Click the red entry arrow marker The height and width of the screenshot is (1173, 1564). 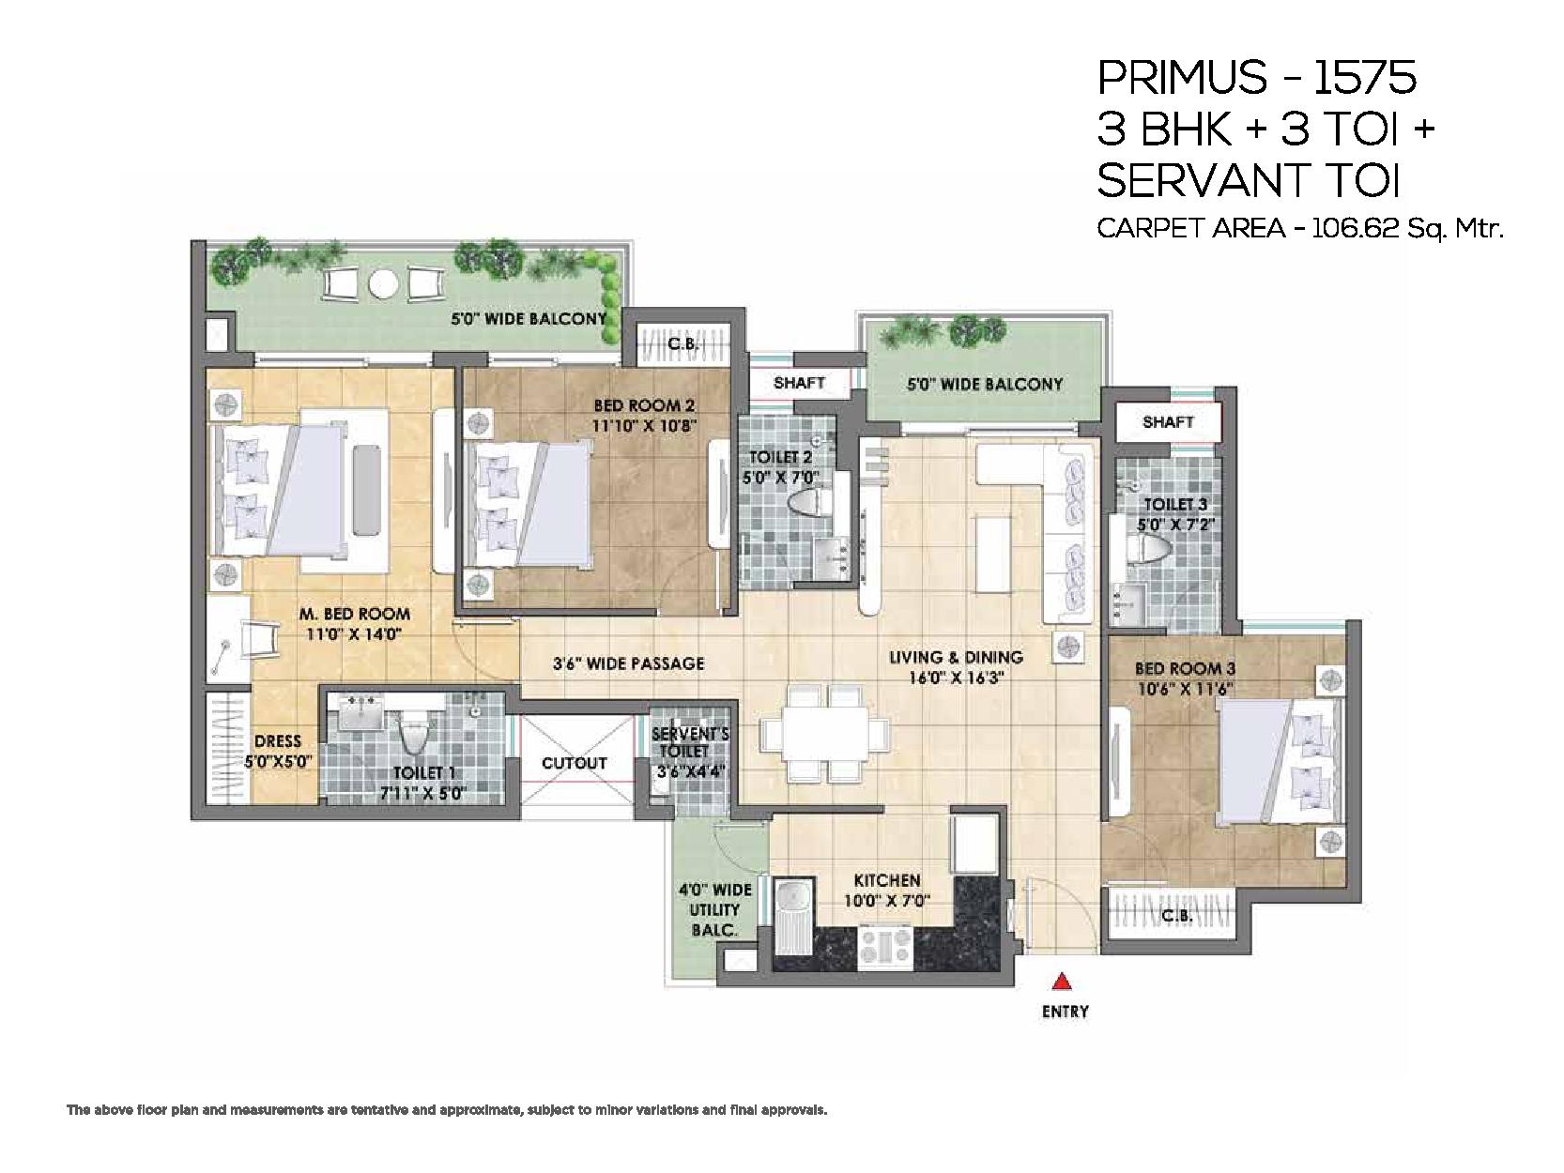(x=1063, y=983)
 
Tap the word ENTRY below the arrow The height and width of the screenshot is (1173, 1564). (x=1066, y=1012)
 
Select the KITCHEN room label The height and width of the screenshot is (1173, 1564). (x=887, y=881)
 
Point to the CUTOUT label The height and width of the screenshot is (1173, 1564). (x=575, y=764)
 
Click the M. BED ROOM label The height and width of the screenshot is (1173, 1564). (x=354, y=614)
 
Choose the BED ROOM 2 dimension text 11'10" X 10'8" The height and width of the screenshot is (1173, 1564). (x=644, y=426)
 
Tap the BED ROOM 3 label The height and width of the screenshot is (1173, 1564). (x=1185, y=669)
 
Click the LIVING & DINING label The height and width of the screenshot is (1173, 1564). (x=957, y=658)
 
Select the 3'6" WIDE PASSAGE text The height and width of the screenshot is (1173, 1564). (x=628, y=663)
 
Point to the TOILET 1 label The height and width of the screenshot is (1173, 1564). (x=424, y=773)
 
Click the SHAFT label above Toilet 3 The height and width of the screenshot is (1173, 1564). (x=1168, y=422)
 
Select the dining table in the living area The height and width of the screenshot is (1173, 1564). (x=825, y=734)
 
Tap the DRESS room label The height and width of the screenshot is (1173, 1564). (x=278, y=741)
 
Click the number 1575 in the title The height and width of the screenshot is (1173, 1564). (x=1364, y=78)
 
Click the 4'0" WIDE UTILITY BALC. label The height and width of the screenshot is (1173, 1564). (x=714, y=909)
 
